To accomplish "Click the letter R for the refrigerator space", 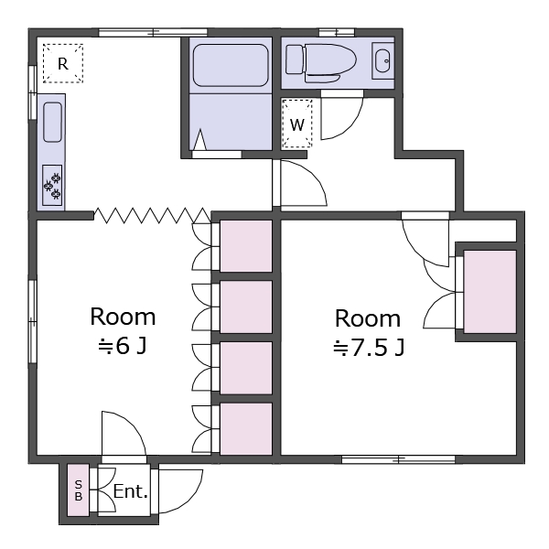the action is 63,64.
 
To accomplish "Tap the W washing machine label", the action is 297,124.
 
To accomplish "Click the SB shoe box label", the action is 79,490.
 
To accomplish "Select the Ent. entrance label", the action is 130,491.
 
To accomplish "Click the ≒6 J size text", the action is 123,347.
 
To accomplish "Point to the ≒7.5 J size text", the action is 369,348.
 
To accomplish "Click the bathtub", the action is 231,65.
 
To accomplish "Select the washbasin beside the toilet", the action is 382,61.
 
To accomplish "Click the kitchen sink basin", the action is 53,123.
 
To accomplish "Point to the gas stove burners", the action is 52,185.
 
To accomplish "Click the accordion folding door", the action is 152,215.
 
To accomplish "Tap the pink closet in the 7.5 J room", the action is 490,292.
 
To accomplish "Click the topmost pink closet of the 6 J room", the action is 246,246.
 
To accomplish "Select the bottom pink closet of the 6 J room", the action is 246,429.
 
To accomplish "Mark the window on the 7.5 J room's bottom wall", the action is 398,459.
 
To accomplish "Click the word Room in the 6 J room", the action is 123,317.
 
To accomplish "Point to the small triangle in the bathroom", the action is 199,140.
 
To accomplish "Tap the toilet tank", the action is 294,59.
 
